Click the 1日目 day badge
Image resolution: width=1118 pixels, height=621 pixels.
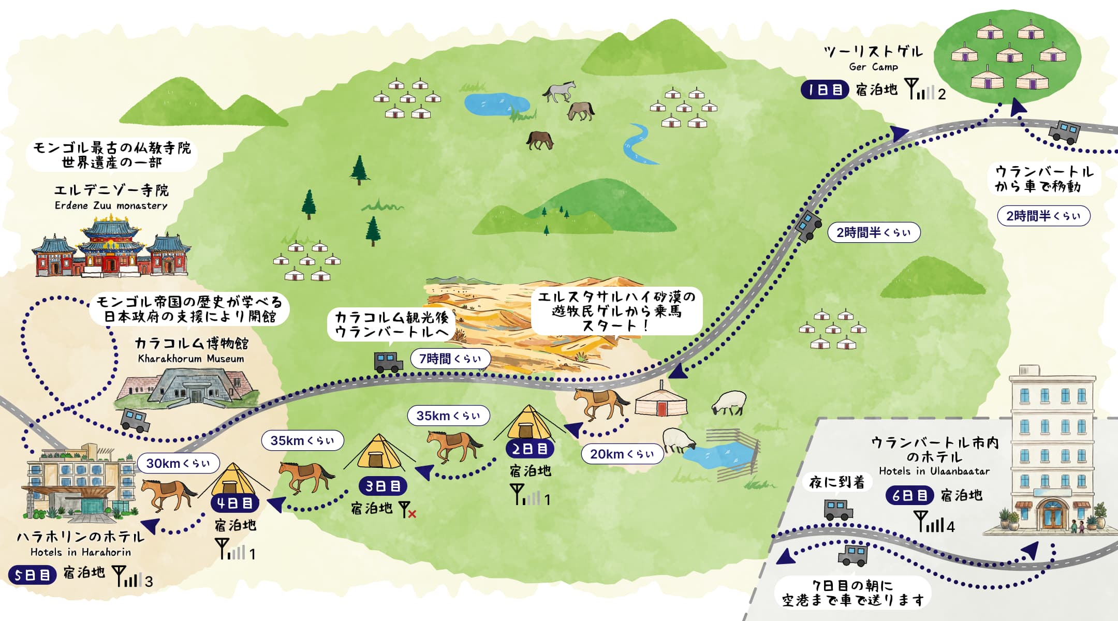[825, 90]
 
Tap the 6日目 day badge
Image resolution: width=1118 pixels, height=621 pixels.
[909, 495]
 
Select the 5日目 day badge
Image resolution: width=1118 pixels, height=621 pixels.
[32, 575]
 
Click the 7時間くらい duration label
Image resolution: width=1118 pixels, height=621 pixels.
[450, 359]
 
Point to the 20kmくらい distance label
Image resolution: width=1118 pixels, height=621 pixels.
[622, 454]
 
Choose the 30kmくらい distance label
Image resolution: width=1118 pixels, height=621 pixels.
[178, 463]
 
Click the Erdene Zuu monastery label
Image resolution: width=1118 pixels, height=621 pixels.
[111, 205]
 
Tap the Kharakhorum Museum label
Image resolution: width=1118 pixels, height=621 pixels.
[191, 359]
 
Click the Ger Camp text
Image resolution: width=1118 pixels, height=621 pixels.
[874, 67]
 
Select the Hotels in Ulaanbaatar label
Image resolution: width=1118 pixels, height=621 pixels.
[934, 471]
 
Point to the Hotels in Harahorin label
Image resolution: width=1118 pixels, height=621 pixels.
[81, 552]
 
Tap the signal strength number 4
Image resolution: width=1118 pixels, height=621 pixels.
[950, 527]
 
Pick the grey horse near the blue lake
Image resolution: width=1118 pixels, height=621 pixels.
[559, 91]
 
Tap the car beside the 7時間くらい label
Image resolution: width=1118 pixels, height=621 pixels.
[388, 362]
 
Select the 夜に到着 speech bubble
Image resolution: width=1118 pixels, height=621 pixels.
[837, 482]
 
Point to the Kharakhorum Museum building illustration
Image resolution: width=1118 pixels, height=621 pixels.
[187, 387]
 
